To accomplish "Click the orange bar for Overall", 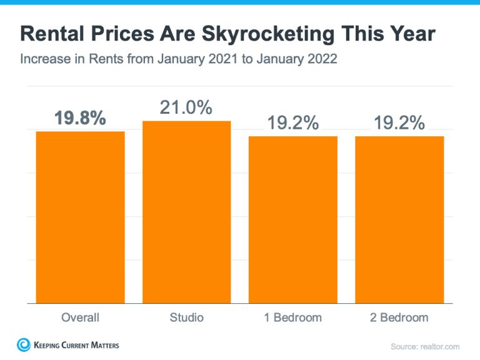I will (80, 217).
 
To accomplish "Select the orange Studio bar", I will (186, 212).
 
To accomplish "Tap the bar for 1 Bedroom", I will (293, 220).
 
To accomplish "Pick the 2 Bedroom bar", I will (399, 220).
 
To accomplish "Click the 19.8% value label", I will (80, 117).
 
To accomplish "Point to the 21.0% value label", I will (186, 107).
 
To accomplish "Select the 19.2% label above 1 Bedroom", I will (293, 123).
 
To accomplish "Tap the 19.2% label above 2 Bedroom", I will (399, 123).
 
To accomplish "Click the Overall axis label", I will (80, 317).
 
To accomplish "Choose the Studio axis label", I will (186, 317).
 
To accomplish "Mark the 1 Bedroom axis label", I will (293, 317).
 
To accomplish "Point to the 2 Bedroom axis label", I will (399, 317).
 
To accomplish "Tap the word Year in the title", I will (411, 34).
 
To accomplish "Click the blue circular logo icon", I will (24, 345).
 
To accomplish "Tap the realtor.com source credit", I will (425, 346).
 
